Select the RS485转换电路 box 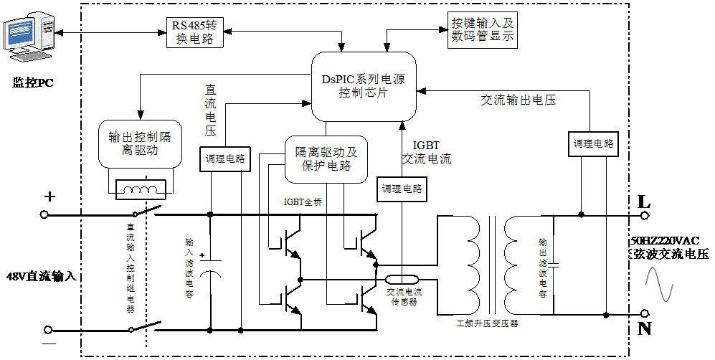pos(194,32)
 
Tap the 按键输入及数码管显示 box pos(481,29)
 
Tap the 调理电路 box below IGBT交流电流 pos(402,189)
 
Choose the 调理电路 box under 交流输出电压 pos(593,144)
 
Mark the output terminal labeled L pos(645,214)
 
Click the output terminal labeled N pos(645,314)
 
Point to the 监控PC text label pos(33,82)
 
